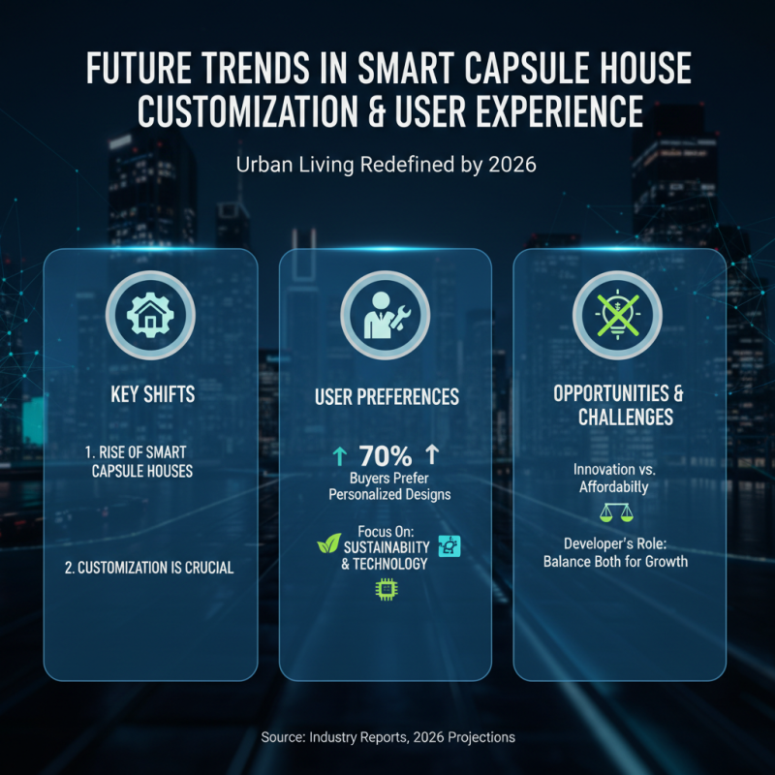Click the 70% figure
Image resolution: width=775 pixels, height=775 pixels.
tap(386, 456)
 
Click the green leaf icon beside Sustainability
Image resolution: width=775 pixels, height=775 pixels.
tap(329, 545)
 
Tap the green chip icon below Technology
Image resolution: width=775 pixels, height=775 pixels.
tap(386, 586)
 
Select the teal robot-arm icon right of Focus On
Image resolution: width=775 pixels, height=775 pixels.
tap(449, 545)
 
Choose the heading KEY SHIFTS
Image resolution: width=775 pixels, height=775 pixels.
tap(150, 394)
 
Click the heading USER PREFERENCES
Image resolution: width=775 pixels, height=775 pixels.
tap(386, 397)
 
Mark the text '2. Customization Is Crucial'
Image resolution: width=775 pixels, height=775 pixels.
tap(149, 568)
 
